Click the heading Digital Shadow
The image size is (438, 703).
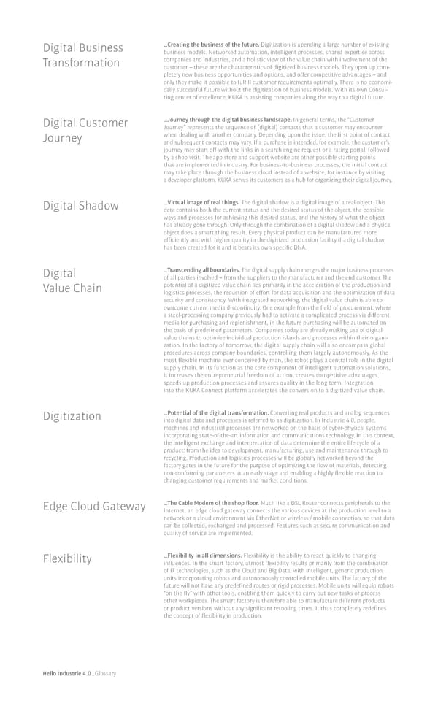[80, 206]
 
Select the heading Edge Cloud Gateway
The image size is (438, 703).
[94, 507]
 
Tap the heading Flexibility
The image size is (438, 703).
[67, 559]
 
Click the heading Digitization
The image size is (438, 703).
[72, 416]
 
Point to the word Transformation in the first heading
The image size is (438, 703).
[81, 63]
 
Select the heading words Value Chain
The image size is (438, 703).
[72, 288]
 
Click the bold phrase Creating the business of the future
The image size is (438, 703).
[212, 45]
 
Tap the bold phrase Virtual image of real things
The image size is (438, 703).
[203, 201]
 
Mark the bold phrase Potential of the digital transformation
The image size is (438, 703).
[218, 413]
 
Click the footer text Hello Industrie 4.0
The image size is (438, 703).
[66, 673]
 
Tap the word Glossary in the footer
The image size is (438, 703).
[104, 673]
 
